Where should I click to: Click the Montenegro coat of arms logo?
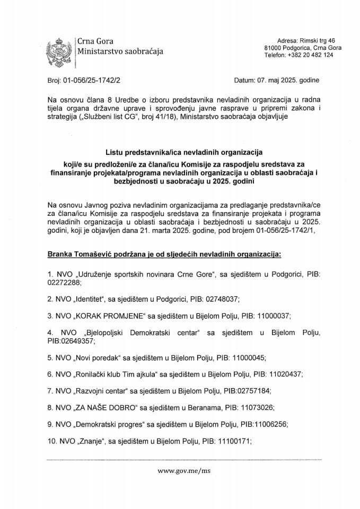click(59, 50)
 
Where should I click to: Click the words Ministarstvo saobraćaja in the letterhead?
click(120, 51)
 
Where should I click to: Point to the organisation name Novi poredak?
click(103, 357)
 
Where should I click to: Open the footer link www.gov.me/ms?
click(180, 469)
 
